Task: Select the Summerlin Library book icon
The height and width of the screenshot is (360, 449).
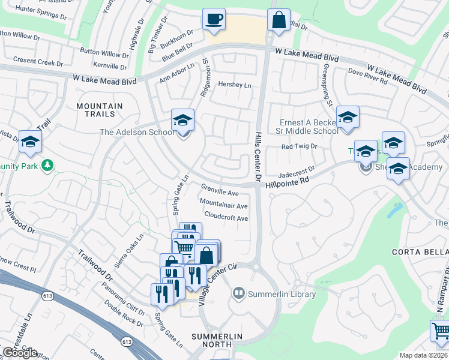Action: [239, 293]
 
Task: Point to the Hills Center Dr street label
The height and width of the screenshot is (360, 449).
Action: [259, 158]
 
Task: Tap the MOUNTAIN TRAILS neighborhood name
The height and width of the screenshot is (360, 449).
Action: [100, 111]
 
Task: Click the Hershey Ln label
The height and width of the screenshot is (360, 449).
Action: [235, 85]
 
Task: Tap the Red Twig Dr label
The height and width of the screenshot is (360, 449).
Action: [299, 146]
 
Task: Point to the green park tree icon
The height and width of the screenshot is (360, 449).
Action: [47, 164]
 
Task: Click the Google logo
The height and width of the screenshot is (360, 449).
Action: [20, 352]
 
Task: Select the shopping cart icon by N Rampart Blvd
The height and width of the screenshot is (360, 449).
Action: [441, 331]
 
